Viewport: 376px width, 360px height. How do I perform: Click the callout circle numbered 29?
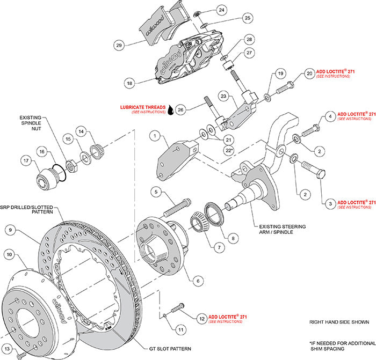(119, 46)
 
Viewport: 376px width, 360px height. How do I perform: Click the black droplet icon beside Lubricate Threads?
(170, 109)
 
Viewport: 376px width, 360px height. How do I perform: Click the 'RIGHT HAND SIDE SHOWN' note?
(339, 322)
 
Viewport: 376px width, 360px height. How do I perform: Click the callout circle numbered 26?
(181, 110)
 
